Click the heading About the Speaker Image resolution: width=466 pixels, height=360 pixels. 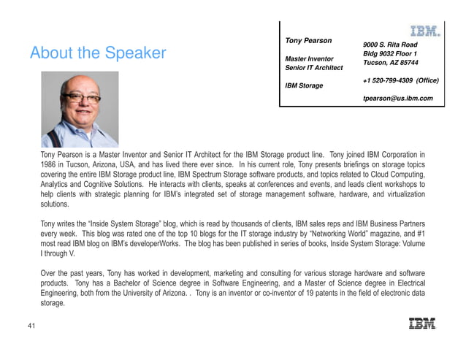98,54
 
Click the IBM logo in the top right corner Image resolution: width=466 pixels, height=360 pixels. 424,31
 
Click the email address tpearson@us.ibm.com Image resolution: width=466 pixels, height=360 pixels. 398,98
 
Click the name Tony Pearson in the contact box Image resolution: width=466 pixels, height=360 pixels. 308,40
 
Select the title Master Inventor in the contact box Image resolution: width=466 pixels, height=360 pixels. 310,58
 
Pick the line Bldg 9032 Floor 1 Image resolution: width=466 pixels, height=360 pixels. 391,54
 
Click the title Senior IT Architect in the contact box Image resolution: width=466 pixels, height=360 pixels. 313,68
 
